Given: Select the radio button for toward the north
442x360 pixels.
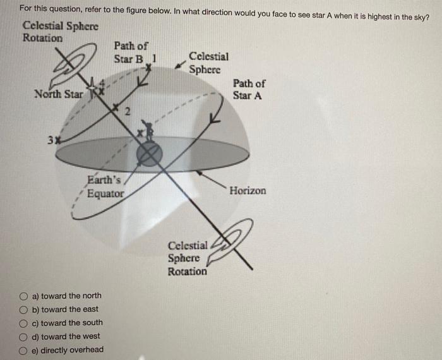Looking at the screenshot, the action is coord(23,296).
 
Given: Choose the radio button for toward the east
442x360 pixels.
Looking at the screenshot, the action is coord(23,309).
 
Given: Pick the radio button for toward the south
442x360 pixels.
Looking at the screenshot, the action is coord(23,323).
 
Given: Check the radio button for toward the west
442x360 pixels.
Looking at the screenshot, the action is coord(23,337).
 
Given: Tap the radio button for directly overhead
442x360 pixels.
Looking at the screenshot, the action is coord(23,351).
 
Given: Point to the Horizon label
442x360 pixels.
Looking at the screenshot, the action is coord(248,190).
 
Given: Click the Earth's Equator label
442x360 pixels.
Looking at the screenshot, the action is coord(105,188).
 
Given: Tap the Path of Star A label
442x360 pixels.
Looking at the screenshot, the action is coord(249,89).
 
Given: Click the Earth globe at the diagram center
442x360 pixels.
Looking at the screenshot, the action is coord(150,153).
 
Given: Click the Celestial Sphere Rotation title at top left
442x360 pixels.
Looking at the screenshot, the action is coord(60,32).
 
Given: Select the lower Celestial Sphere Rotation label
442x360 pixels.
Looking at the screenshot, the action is coord(188,258).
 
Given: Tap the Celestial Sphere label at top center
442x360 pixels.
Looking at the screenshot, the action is coord(209,63).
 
